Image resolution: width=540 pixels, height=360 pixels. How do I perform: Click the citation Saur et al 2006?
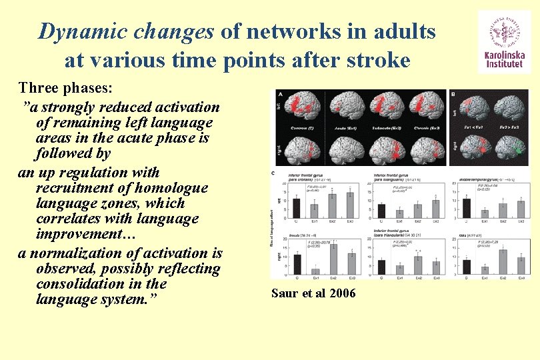click(x=313, y=293)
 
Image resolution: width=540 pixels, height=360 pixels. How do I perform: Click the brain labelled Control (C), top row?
click(x=305, y=105)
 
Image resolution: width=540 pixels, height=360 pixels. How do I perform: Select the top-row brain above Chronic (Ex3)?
click(x=426, y=105)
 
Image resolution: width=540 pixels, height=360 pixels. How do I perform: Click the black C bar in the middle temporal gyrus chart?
click(x=466, y=207)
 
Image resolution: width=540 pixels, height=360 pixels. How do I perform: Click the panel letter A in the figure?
click(x=281, y=95)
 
